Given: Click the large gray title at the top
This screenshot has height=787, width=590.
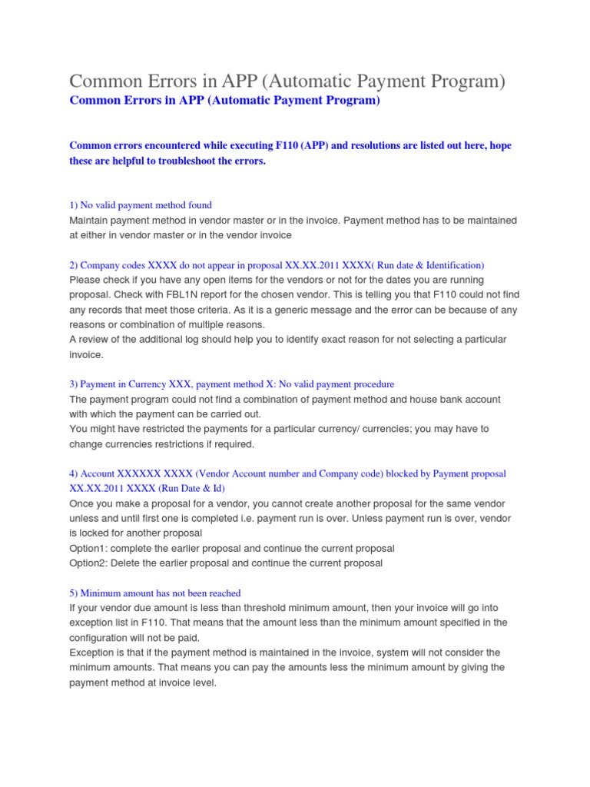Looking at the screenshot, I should pos(287,81).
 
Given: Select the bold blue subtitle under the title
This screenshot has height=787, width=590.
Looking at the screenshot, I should pos(224,101).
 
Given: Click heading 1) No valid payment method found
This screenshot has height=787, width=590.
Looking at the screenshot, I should pos(141,205).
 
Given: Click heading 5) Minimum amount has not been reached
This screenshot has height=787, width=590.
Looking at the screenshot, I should pos(155,593).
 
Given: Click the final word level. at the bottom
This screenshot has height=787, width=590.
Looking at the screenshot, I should pos(203,682).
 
